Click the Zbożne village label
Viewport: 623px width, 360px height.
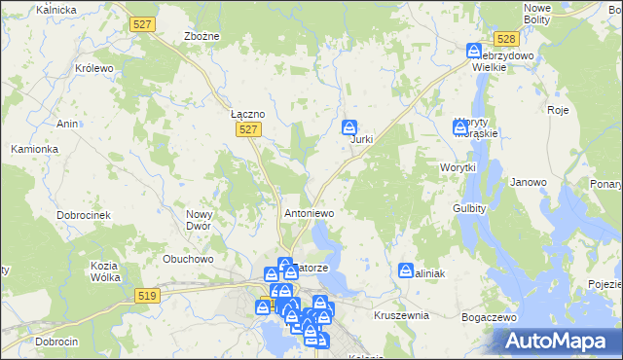pos(202,36)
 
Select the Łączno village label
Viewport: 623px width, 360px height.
pos(248,114)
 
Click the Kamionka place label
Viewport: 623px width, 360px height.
pos(35,149)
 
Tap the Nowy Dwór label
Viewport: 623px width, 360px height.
pos(199,220)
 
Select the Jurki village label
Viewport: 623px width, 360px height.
pos(362,140)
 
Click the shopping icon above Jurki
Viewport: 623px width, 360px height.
pos(349,126)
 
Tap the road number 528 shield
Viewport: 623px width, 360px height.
pos(504,39)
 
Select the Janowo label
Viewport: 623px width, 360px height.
pos(529,182)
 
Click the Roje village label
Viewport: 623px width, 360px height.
pos(558,110)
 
